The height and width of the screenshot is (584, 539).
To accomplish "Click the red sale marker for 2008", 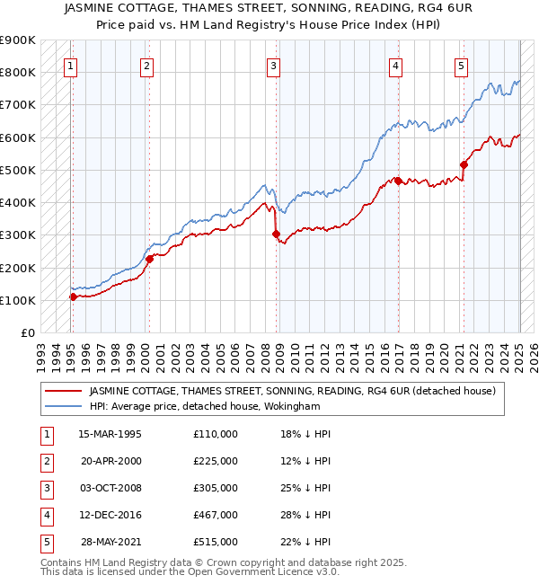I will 276,234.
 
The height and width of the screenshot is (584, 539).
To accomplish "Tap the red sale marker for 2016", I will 397,181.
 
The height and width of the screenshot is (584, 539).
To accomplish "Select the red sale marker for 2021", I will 464,164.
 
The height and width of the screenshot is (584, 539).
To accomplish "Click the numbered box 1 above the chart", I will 70,65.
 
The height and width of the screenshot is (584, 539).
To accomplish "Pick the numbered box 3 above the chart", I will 273,65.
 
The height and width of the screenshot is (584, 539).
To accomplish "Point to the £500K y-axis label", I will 18,170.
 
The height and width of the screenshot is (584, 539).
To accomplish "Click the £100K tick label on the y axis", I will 18,300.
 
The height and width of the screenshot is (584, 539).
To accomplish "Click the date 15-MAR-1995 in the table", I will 110,434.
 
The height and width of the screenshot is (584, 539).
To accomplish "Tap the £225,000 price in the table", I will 216,461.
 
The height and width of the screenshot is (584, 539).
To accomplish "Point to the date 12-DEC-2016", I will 110,515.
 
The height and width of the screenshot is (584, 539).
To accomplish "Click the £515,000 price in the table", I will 216,542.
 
